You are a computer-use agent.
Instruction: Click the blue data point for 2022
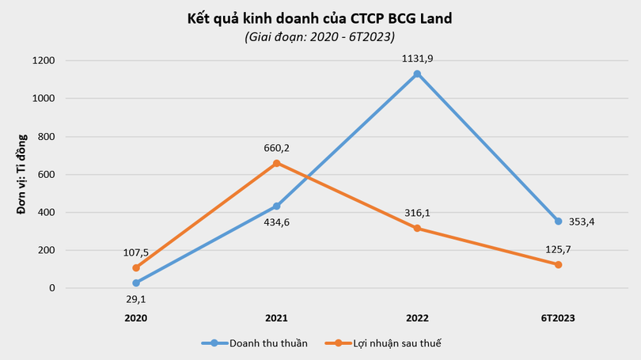[417, 74]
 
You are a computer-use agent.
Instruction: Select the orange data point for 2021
[276, 163]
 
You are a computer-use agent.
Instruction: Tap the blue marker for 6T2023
[558, 222]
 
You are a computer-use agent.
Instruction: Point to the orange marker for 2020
[135, 268]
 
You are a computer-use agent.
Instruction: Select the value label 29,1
[135, 299]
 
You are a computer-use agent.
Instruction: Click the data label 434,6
[276, 223]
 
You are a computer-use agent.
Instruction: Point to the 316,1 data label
[417, 212]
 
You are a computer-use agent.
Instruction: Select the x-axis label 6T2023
[558, 317]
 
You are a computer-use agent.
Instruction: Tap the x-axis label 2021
[276, 317]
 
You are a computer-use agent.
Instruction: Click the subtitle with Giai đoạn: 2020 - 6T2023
[320, 36]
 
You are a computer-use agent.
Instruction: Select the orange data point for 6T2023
[558, 264]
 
